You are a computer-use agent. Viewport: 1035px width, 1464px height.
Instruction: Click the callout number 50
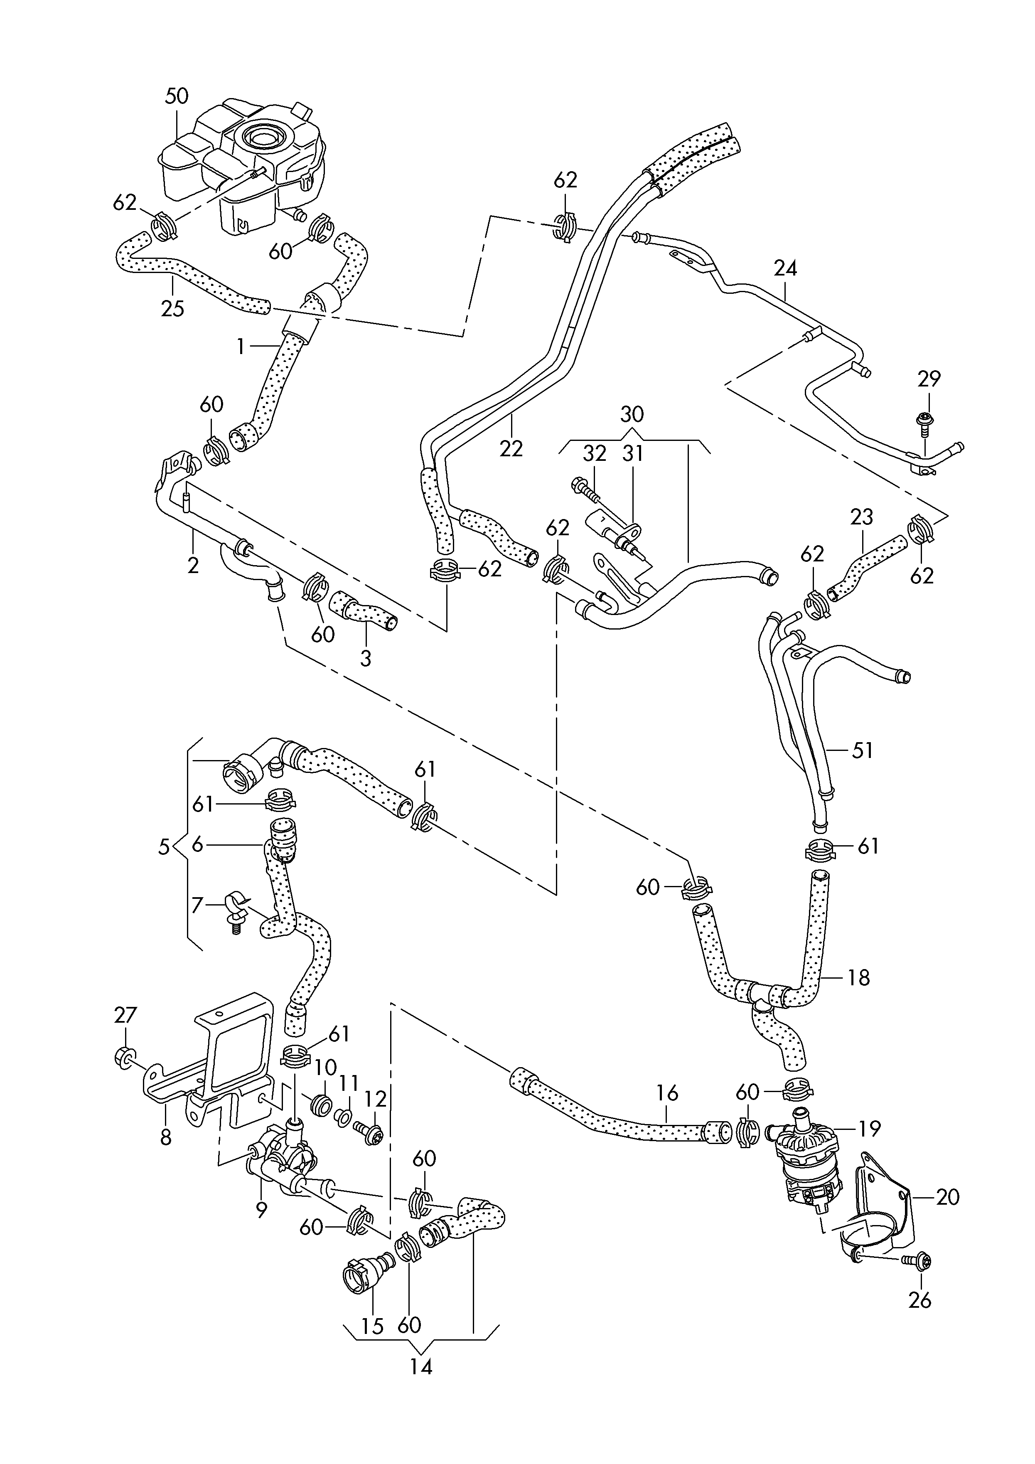point(177,96)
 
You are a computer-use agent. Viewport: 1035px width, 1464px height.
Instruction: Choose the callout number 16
point(667,1093)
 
